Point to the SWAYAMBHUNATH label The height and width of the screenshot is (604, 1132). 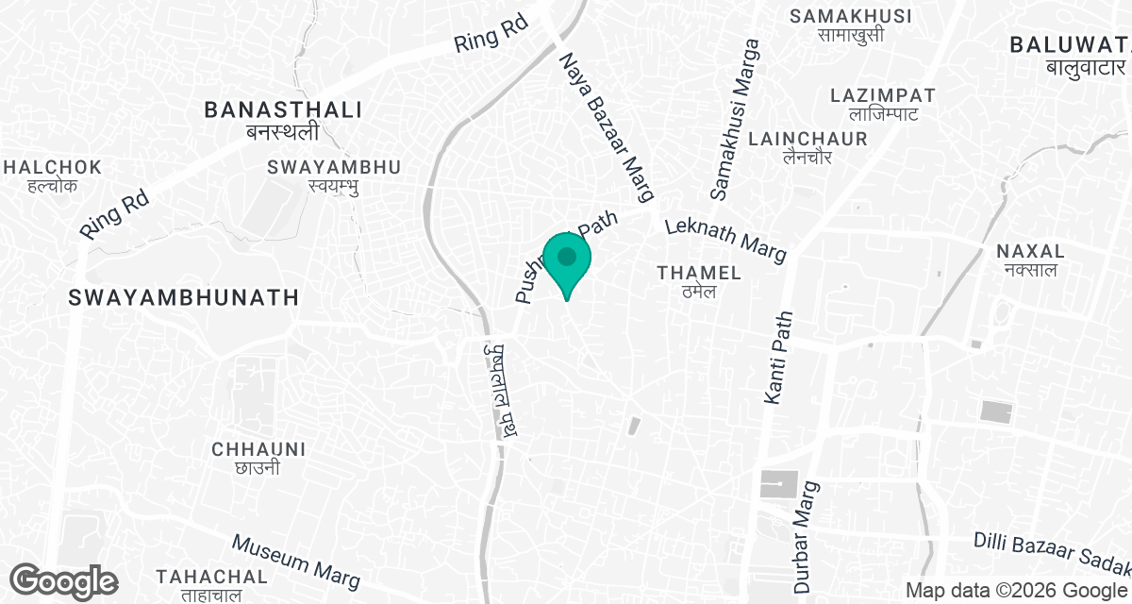[184, 298]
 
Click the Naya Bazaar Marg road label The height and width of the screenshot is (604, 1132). [607, 127]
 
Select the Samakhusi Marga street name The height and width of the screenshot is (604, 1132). [735, 119]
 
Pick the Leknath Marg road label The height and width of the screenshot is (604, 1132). [724, 240]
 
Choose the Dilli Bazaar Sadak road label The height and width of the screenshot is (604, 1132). [1052, 552]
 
